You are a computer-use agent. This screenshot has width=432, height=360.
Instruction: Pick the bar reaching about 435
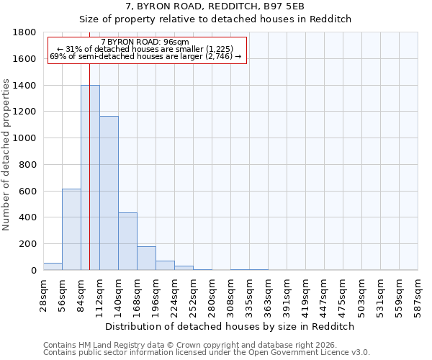(x=127, y=241)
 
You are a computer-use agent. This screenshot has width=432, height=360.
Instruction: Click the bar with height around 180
(x=146, y=258)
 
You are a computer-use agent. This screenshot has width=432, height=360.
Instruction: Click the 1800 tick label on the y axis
(x=24, y=32)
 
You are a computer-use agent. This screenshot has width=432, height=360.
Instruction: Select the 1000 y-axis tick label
(x=24, y=138)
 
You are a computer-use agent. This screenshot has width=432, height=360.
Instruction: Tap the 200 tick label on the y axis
(x=27, y=244)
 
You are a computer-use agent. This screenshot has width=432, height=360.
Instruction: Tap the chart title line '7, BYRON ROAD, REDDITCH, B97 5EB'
(x=215, y=6)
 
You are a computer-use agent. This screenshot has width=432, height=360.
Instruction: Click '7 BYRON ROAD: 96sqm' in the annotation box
(x=145, y=42)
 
